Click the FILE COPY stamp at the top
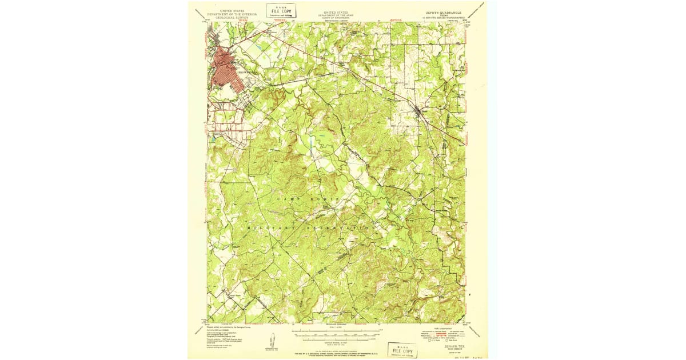point(281,10)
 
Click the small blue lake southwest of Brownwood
point(213,138)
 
